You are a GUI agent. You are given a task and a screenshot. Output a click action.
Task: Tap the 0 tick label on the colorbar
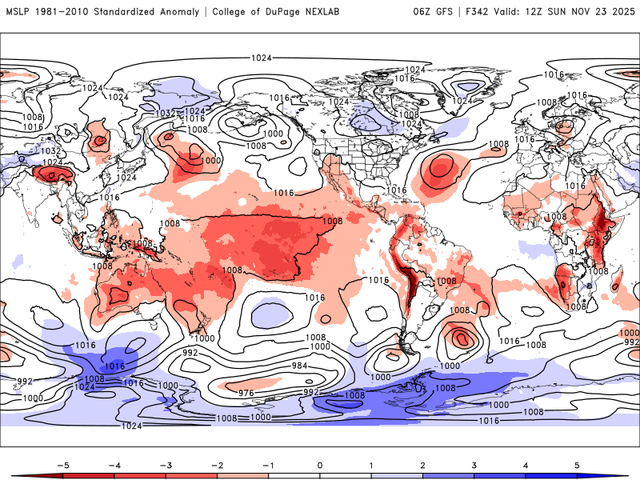pos(320,465)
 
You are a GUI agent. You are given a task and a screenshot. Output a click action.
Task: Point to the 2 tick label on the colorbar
pos(423,465)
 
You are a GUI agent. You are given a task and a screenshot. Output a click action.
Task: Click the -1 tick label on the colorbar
pos(268,465)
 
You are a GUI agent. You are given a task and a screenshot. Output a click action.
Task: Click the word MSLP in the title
pos(18,12)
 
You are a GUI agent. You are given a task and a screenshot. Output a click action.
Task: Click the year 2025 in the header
pos(617,12)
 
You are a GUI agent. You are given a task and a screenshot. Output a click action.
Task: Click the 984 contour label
pos(299,366)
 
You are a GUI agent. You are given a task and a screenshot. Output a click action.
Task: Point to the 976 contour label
pos(246,392)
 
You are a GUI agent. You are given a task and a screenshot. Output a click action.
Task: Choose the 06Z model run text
pos(424,12)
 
